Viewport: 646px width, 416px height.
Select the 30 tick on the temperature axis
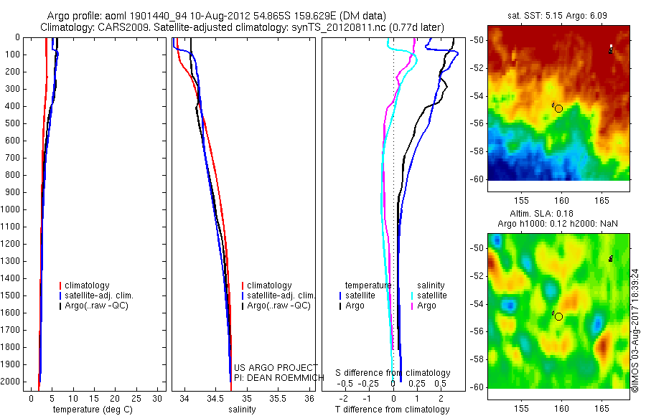click(x=159, y=397)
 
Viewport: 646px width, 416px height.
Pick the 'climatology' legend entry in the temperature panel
click(x=87, y=285)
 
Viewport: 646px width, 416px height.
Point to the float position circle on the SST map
click(x=558, y=108)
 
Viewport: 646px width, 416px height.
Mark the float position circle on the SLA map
click(x=558, y=316)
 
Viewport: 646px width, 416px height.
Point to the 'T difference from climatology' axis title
click(x=393, y=410)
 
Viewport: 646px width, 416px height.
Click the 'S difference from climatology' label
click(x=393, y=373)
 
